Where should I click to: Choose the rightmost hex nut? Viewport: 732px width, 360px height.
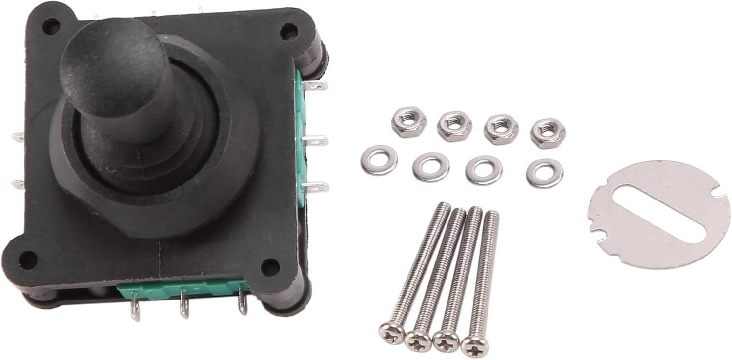(x=547, y=131)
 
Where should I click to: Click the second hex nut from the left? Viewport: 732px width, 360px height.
(x=454, y=125)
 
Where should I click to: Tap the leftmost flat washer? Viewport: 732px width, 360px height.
(x=379, y=160)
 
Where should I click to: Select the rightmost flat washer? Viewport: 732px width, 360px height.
(x=544, y=172)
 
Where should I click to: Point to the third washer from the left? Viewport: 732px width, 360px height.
(x=483, y=170)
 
